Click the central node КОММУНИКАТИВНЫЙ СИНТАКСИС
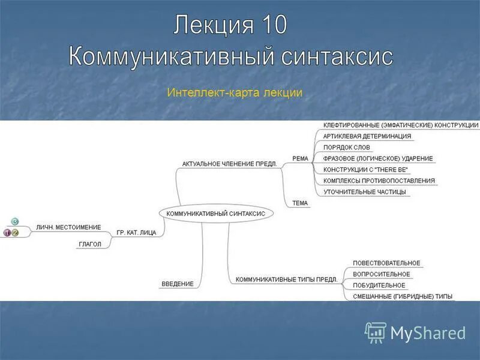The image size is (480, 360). (x=215, y=213)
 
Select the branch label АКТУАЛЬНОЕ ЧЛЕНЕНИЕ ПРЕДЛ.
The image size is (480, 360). (x=233, y=164)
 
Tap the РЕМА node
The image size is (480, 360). (x=300, y=158)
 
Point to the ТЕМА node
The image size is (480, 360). (x=300, y=203)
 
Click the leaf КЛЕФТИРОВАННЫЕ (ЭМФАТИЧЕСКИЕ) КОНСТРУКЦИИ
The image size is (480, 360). (x=401, y=125)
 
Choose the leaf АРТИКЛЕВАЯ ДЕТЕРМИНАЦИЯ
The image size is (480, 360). (x=367, y=136)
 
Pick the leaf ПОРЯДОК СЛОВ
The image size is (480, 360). (x=347, y=148)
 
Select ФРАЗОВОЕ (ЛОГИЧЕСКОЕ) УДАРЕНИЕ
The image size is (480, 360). (x=378, y=158)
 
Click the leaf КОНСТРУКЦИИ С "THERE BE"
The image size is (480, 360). (x=365, y=170)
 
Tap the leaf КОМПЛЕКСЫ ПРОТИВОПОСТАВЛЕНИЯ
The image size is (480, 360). (x=379, y=181)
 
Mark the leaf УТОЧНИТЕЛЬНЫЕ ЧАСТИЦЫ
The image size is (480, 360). (x=365, y=192)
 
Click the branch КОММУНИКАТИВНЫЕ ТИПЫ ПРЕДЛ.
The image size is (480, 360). (x=286, y=280)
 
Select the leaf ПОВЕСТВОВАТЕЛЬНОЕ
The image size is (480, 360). (x=386, y=263)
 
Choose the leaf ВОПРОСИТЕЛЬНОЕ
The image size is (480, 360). (x=382, y=274)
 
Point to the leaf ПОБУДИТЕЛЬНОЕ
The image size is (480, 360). (x=379, y=286)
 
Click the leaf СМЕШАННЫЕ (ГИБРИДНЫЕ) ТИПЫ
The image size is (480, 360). (x=403, y=296)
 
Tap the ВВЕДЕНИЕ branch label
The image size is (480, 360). (x=178, y=284)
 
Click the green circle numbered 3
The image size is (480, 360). (x=15, y=222)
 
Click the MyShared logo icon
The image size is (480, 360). (x=376, y=332)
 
